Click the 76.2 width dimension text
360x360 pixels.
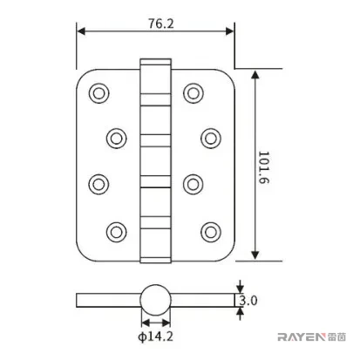coord(161,24)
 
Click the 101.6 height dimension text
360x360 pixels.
coord(264,167)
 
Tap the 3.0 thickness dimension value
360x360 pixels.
coord(248,301)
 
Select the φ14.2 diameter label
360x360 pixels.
coord(155,336)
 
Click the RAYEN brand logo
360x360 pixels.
coord(311,337)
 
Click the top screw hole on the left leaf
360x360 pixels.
coord(99,93)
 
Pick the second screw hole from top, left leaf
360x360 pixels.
coord(117,138)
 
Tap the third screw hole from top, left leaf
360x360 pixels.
coord(98,184)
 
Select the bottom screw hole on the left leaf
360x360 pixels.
coord(117,232)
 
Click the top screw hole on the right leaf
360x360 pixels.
coord(194,93)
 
